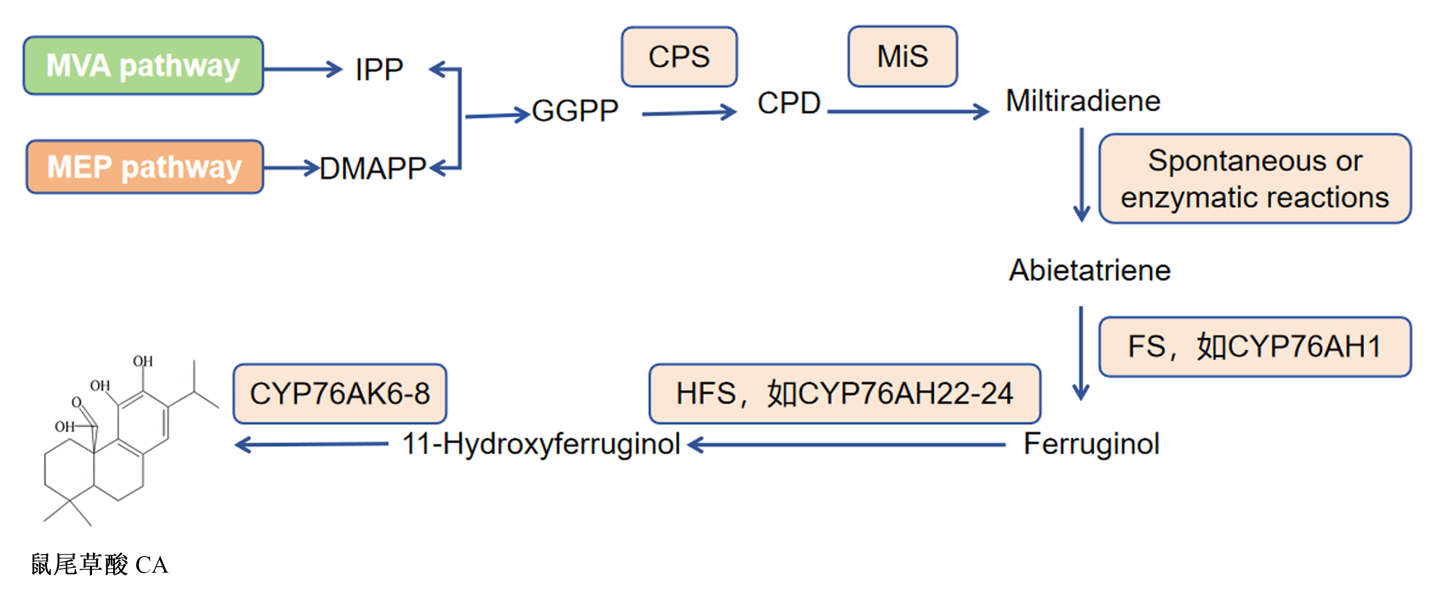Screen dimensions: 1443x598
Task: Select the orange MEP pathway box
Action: tap(144, 167)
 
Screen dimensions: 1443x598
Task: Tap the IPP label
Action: tap(379, 70)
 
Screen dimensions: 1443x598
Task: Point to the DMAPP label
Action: tap(373, 168)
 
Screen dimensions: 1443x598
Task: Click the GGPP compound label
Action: tap(575, 110)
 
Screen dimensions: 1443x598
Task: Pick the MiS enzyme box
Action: tap(903, 56)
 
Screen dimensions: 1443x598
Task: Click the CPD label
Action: tap(789, 103)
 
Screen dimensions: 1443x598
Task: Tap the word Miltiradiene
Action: tap(1083, 101)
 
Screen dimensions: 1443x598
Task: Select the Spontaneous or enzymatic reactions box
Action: tap(1255, 179)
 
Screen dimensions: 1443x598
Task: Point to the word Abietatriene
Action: tap(1090, 270)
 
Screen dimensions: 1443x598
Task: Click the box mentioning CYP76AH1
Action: tap(1255, 346)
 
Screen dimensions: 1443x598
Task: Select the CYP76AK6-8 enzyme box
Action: tap(340, 394)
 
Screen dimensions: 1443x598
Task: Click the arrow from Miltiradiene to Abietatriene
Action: tap(1082, 175)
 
